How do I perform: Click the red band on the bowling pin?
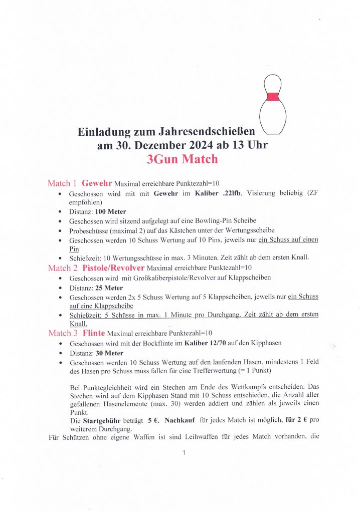tap(273, 97)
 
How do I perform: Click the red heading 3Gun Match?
tap(182, 160)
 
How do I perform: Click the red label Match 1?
tap(62, 183)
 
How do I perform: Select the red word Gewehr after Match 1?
tap(98, 183)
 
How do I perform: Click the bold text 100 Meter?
tap(110, 212)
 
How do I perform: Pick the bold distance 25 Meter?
tap(109, 288)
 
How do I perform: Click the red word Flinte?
tap(94, 333)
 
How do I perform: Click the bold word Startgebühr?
tap(114, 420)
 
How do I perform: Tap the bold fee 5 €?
tap(153, 420)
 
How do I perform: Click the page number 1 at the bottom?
tap(184, 453)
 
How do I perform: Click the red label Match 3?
tap(62, 333)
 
